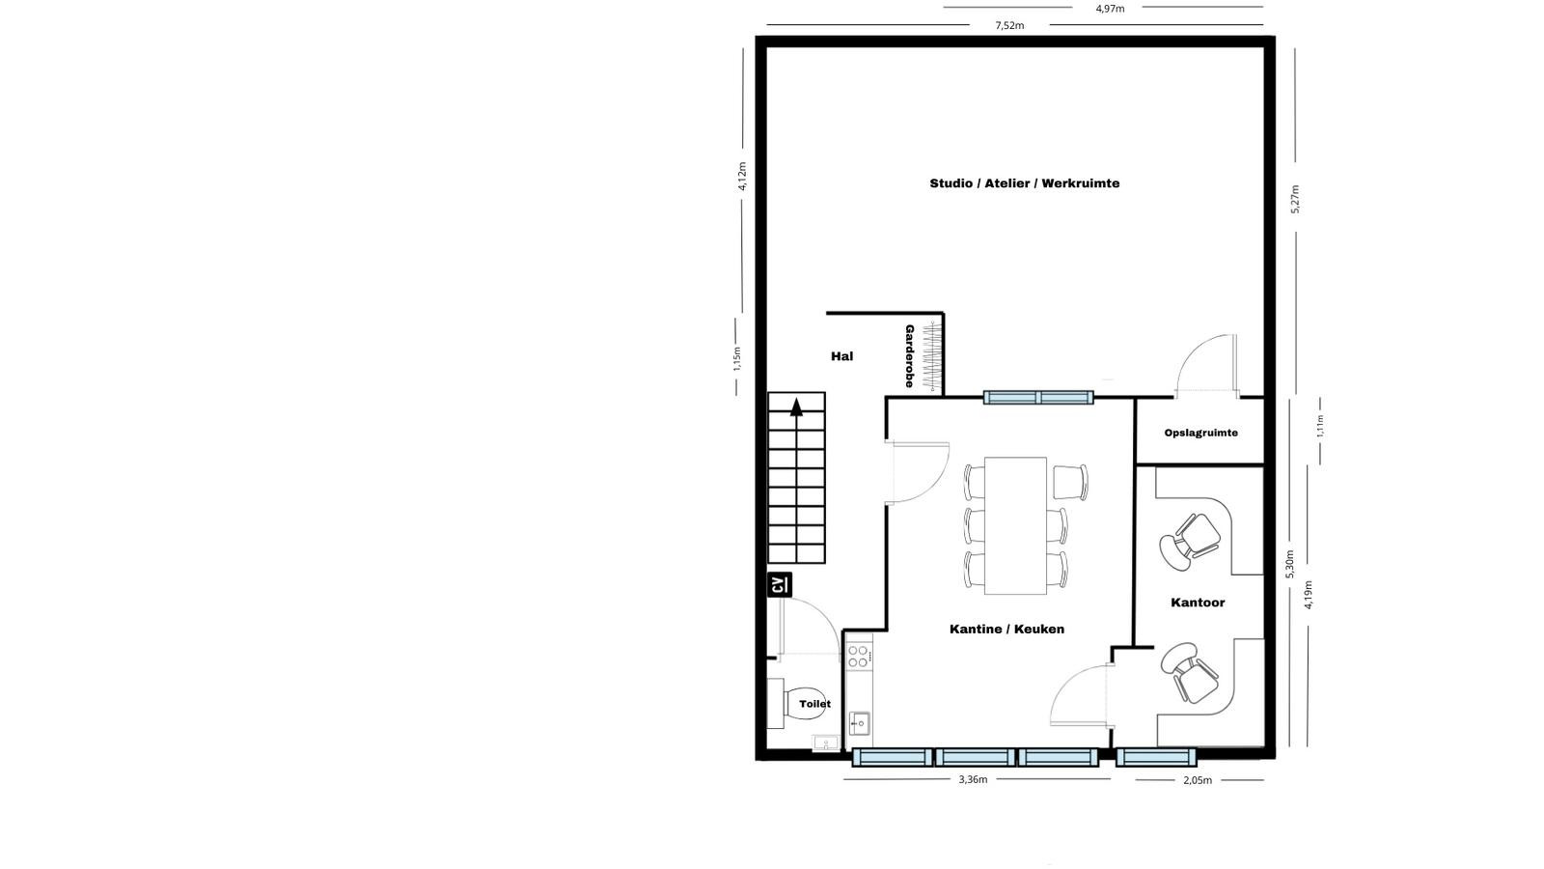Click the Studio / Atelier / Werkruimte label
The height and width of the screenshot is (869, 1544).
(1024, 183)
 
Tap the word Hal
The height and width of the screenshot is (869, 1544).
(841, 356)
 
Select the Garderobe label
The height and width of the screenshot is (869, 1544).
(909, 356)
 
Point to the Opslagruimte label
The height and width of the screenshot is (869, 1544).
(1200, 434)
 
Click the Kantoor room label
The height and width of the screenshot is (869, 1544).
(1198, 603)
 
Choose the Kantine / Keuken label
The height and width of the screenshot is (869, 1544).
(1007, 629)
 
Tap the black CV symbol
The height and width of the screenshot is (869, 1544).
(780, 585)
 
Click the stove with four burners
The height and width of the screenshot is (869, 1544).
(859, 656)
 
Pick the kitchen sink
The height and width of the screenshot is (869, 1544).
(859, 723)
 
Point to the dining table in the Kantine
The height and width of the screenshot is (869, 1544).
(1015, 525)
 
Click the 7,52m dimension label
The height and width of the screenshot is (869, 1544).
(1009, 25)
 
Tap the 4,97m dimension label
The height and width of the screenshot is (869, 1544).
(1110, 9)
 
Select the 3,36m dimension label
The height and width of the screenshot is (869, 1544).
(973, 779)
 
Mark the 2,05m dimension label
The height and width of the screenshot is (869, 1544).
(1198, 780)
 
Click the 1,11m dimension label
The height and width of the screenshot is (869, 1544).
(1320, 426)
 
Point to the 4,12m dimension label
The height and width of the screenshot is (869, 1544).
(742, 176)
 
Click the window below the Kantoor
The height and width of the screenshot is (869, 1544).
(1156, 757)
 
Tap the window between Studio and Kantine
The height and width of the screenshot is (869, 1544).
(1038, 397)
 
